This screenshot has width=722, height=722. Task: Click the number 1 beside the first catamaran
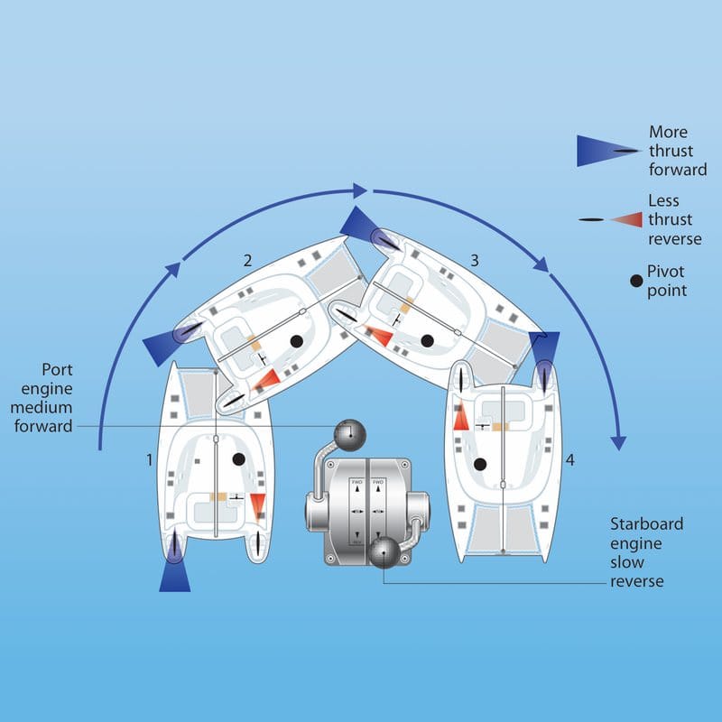[x=150, y=459]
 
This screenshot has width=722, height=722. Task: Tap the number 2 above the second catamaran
[x=247, y=261]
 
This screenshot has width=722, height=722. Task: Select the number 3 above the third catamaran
[x=474, y=260]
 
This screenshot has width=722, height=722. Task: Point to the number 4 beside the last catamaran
[x=569, y=460]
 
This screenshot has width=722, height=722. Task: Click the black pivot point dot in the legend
[x=636, y=281]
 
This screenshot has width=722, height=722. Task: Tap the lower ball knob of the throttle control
[x=384, y=553]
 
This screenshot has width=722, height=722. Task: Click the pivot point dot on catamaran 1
[x=238, y=459]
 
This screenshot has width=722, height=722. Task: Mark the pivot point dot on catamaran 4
[x=480, y=464]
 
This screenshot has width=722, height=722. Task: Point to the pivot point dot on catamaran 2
[x=295, y=340]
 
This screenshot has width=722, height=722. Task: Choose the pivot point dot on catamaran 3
[x=427, y=340]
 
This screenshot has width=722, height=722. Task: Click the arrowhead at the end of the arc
[x=618, y=442]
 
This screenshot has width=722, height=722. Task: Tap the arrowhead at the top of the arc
[x=361, y=190]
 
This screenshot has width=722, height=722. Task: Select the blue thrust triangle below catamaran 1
[x=174, y=575]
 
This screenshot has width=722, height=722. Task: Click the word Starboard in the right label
[x=646, y=523]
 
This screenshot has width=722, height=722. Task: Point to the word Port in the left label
[x=57, y=369]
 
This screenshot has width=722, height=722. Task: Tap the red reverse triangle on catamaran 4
[x=459, y=416]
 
